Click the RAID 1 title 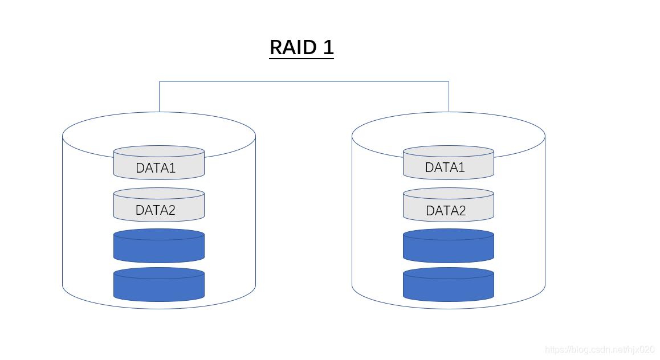301,47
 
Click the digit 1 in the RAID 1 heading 328,47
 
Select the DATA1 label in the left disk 155,168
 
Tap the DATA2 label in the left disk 155,210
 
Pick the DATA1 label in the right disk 445,167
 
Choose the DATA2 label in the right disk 445,211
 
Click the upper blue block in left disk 158,247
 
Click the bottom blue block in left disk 158,285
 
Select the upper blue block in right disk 448,247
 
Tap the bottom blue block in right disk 448,285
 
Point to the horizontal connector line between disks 304,81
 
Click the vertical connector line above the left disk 159,97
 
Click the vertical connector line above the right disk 449,97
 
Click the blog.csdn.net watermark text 600,350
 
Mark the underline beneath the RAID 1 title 301,58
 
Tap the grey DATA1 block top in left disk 158,152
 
